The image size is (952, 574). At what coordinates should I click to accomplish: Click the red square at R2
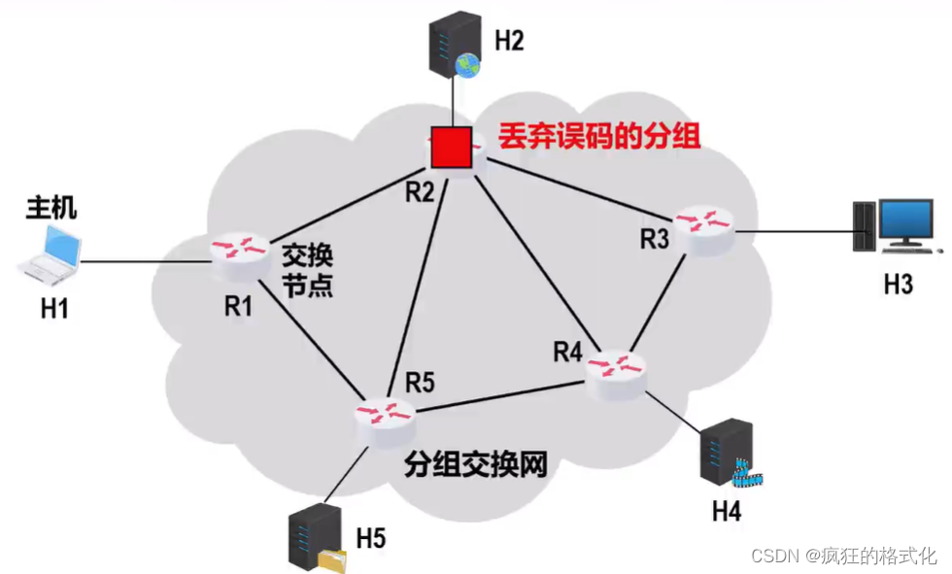(x=452, y=147)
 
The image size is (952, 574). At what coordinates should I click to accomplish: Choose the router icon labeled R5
(x=385, y=413)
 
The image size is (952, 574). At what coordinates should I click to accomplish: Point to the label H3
(x=898, y=285)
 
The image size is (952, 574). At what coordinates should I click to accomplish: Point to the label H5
(x=371, y=535)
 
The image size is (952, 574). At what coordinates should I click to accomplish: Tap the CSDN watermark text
(x=843, y=556)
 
